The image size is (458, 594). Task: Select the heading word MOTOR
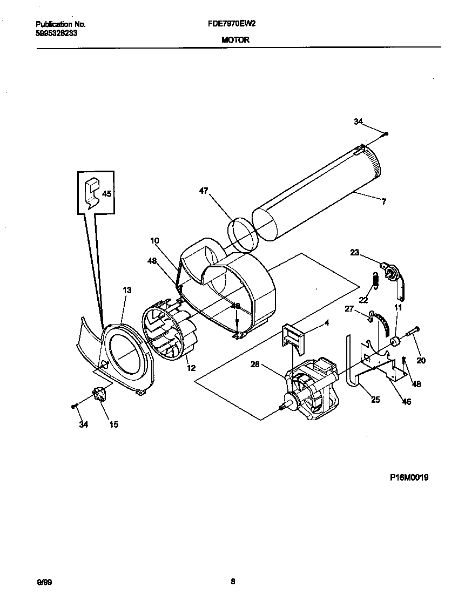(235, 40)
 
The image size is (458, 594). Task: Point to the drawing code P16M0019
(409, 477)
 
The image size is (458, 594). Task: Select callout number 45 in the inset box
(107, 194)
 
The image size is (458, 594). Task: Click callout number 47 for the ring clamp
(203, 191)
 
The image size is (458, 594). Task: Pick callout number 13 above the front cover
(127, 291)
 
